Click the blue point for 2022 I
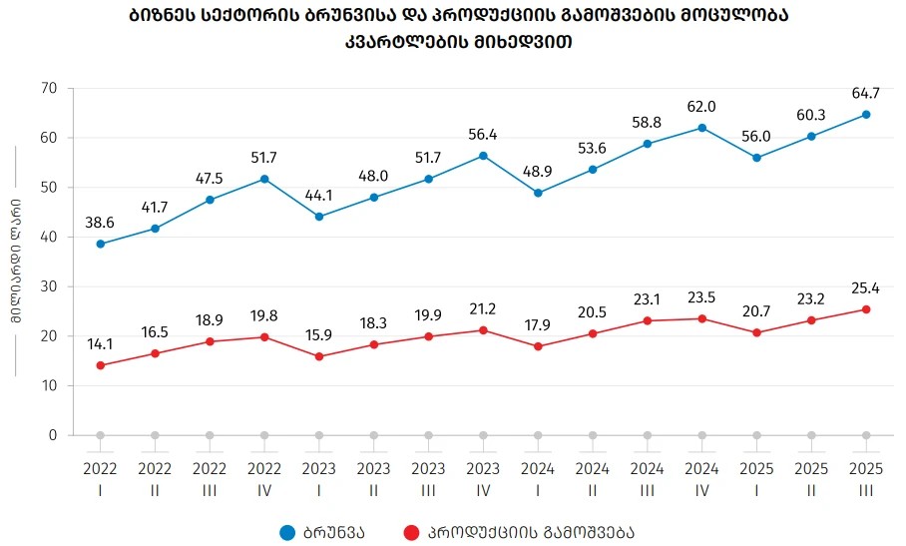pyautogui.click(x=100, y=244)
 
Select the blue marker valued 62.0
pyautogui.click(x=702, y=128)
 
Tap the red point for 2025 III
pyautogui.click(x=866, y=309)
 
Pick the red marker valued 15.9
pyautogui.click(x=319, y=356)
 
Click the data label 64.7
pyautogui.click(x=866, y=94)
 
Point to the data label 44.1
pyautogui.click(x=319, y=196)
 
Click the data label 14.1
pyautogui.click(x=100, y=344)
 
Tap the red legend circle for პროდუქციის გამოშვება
pyautogui.click(x=410, y=532)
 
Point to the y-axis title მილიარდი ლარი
pyautogui.click(x=17, y=263)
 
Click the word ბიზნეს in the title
pyautogui.click(x=159, y=17)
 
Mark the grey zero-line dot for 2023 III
pyautogui.click(x=428, y=435)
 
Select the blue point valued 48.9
pyautogui.click(x=538, y=193)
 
